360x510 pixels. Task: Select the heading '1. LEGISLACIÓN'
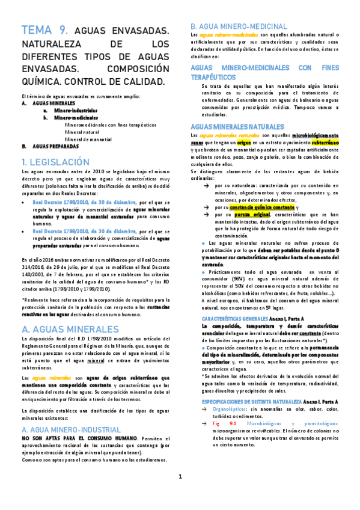(55, 162)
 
